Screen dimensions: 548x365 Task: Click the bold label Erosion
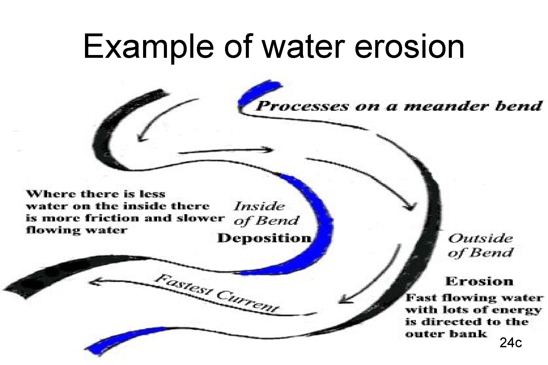coord(479,282)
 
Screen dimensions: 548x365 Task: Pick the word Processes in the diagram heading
coord(302,106)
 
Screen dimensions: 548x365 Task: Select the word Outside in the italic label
coord(481,239)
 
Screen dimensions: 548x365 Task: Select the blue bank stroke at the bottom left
coord(124,338)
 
